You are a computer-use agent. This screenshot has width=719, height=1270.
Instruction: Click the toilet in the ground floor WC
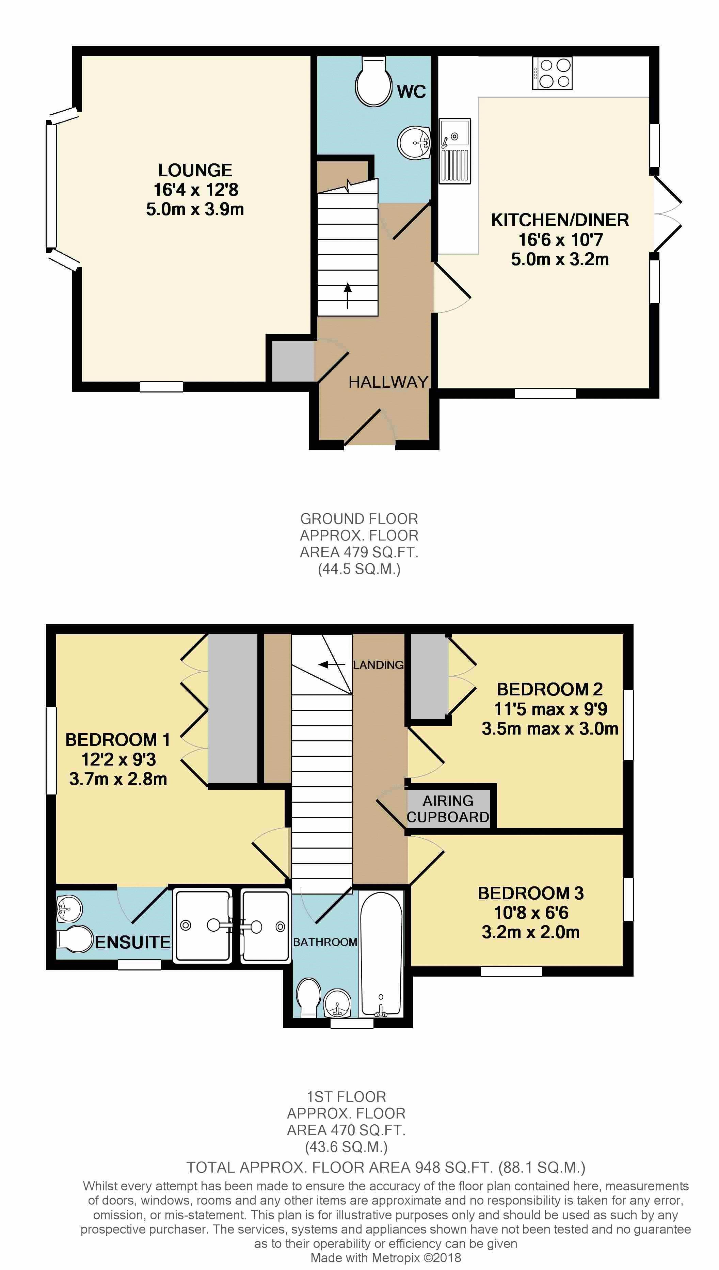(x=373, y=81)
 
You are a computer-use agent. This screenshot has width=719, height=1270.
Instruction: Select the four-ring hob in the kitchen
(x=552, y=73)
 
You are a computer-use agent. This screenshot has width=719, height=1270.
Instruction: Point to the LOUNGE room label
(x=195, y=170)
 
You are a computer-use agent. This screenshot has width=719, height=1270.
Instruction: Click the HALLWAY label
(x=388, y=382)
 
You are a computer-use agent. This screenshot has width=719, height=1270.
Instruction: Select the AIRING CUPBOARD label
(x=448, y=808)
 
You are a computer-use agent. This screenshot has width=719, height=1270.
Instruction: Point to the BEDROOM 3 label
(x=531, y=893)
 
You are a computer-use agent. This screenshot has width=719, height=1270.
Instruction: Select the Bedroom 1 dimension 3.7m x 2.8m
(x=118, y=779)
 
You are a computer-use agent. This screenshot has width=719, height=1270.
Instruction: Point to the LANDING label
(x=378, y=665)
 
